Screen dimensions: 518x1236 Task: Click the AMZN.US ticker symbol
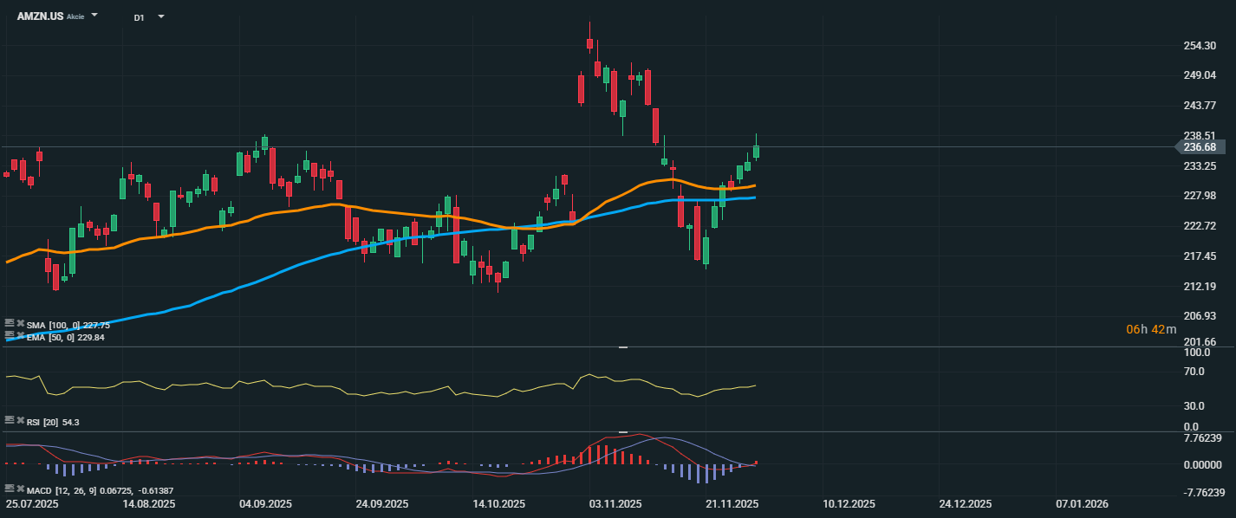[40, 16]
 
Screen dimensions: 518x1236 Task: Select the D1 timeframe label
[139, 16]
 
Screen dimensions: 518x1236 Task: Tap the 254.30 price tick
[1200, 46]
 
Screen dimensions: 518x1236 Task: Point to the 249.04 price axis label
[1200, 75]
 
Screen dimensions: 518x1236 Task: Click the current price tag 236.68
[1200, 147]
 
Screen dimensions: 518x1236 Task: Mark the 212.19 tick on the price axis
[1200, 287]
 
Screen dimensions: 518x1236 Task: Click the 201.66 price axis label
[1200, 342]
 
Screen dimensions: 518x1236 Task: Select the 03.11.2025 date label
[615, 503]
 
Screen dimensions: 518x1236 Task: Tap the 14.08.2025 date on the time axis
[149, 503]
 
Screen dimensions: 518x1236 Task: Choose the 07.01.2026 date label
[1081, 503]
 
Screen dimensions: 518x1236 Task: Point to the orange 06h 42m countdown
[1151, 329]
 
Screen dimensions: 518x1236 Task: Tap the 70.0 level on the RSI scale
[1194, 372]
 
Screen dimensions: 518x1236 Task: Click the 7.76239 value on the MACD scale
[1203, 437]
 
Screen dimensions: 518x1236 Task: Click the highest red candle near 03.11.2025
[589, 43]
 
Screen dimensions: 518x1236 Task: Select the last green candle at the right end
[756, 151]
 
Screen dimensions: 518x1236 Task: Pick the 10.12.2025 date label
[849, 503]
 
